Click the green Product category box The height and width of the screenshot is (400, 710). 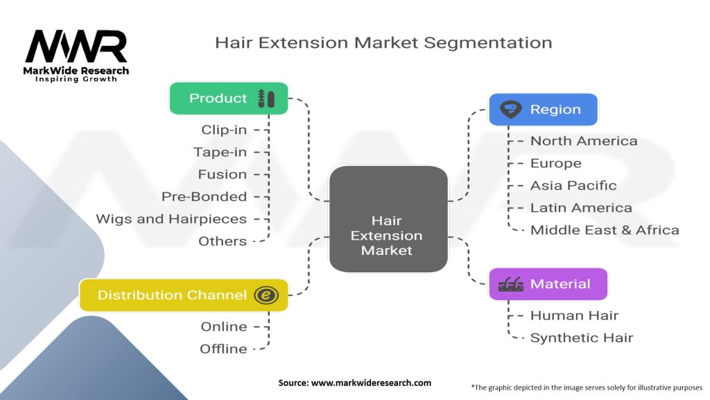pos(229,99)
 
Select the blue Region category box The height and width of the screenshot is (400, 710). pos(544,109)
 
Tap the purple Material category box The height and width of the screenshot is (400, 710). pos(548,284)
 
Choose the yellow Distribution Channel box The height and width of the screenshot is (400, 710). pos(184,295)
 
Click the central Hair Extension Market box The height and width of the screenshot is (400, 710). pos(388,219)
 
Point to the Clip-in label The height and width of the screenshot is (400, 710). pos(224,130)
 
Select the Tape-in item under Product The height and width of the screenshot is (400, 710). pos(220,152)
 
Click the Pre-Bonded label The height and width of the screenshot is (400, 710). pos(205,197)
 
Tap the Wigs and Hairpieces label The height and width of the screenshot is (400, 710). pos(171,219)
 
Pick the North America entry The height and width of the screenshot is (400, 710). pos(584,141)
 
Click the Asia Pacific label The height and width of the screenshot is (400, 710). pos(573,185)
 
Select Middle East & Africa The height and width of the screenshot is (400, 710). pos(605,230)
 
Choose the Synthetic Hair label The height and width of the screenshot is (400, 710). pos(582,338)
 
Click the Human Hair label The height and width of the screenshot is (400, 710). pos(574,316)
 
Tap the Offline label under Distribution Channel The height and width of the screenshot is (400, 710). pos(224,349)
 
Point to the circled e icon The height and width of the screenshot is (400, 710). pos(266,295)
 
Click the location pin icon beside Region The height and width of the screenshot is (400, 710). pos(511,109)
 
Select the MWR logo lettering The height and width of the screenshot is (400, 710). pos(76,47)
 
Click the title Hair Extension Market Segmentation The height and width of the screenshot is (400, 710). pos(383,42)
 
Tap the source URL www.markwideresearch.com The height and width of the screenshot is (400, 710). pos(372,383)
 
